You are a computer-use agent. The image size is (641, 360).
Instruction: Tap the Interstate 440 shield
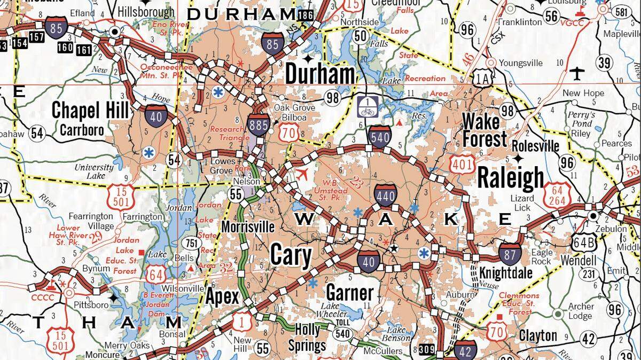[x=385, y=196]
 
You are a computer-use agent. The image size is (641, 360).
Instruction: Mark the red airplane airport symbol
[x=302, y=174]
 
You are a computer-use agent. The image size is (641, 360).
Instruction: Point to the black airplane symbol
[x=577, y=72]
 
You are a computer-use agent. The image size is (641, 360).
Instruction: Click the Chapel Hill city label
[x=90, y=111]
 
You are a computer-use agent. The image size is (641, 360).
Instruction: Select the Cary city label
[x=291, y=255]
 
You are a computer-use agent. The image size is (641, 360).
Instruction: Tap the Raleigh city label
[x=511, y=178]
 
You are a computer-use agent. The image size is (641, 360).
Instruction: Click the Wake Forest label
[x=484, y=129]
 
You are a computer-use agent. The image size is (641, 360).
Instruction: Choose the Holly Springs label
[x=307, y=338]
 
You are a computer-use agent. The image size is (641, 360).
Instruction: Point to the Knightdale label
[x=505, y=272]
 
